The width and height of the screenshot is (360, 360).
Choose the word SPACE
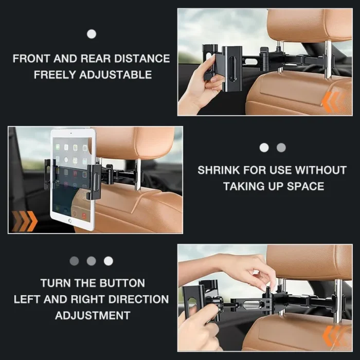pos(307,186)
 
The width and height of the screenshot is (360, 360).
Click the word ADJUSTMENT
pos(93,315)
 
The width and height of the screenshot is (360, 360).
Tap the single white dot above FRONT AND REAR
pos(92,34)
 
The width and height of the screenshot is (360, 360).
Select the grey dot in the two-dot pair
pos(281,148)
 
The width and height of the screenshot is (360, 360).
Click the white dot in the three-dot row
pos(109,261)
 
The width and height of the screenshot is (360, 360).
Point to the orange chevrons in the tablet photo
pos(24,221)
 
